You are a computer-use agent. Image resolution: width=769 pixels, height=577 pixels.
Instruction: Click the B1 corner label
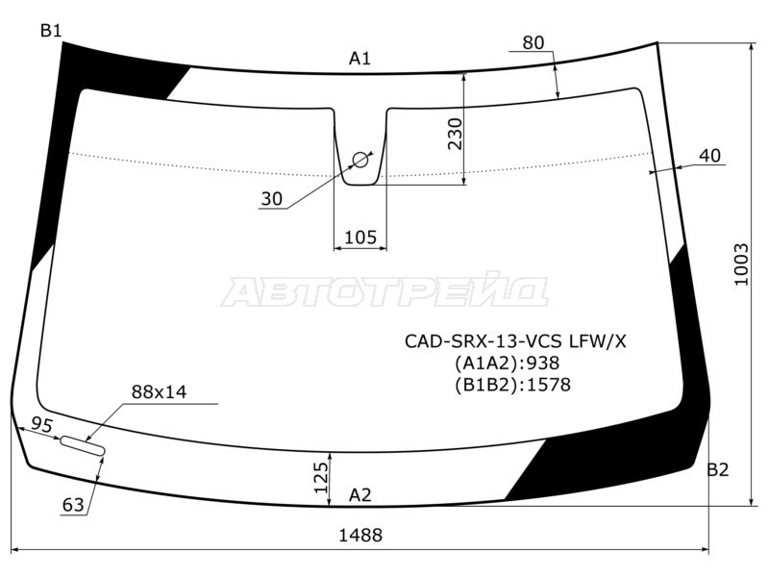pyautogui.click(x=50, y=31)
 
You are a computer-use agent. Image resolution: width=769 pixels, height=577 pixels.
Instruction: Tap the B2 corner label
pyautogui.click(x=717, y=470)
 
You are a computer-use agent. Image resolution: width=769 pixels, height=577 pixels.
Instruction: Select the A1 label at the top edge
pyautogui.click(x=360, y=60)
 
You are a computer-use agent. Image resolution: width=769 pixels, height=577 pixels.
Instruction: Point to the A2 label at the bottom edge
pyautogui.click(x=360, y=496)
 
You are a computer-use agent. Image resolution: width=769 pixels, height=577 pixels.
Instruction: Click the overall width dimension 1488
pyautogui.click(x=361, y=536)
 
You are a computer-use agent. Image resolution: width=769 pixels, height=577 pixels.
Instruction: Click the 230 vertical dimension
pyautogui.click(x=455, y=135)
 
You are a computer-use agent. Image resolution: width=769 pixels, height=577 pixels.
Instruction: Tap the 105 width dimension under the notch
pyautogui.click(x=360, y=238)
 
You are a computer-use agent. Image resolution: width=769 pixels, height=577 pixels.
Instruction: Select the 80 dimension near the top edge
pyautogui.click(x=533, y=42)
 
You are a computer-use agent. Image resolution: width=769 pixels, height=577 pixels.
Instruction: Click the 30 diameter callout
pyautogui.click(x=272, y=199)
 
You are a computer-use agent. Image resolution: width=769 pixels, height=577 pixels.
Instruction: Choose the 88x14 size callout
pyautogui.click(x=159, y=391)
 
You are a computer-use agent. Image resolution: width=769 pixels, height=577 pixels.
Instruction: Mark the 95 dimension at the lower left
pyautogui.click(x=41, y=425)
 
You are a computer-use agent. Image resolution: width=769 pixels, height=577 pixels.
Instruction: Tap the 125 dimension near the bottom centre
pyautogui.click(x=321, y=474)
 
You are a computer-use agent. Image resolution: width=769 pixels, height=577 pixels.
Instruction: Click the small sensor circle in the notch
pyautogui.click(x=360, y=159)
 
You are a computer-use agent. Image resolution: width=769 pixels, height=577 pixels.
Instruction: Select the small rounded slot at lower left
pyautogui.click(x=84, y=445)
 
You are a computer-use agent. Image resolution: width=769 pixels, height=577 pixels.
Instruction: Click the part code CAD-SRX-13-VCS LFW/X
pyautogui.click(x=513, y=340)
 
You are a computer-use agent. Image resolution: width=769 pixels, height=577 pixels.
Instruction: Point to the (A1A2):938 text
pyautogui.click(x=507, y=363)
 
